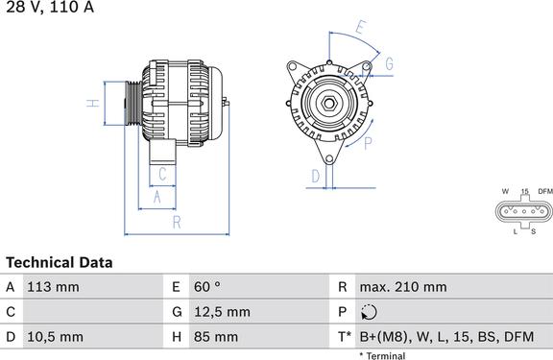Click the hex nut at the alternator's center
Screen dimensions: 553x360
(x=329, y=104)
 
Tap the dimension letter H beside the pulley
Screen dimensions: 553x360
(x=93, y=104)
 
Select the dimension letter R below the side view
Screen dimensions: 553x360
(x=177, y=222)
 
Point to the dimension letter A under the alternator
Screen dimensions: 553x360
(x=157, y=197)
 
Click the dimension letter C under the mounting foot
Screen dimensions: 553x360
(x=162, y=174)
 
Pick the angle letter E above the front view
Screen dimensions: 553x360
(x=360, y=28)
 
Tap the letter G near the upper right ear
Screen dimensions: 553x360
(x=389, y=63)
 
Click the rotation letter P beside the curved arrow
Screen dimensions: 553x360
(x=368, y=143)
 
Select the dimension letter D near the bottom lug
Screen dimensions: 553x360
(x=316, y=176)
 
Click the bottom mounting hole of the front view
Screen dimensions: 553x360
(x=329, y=159)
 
